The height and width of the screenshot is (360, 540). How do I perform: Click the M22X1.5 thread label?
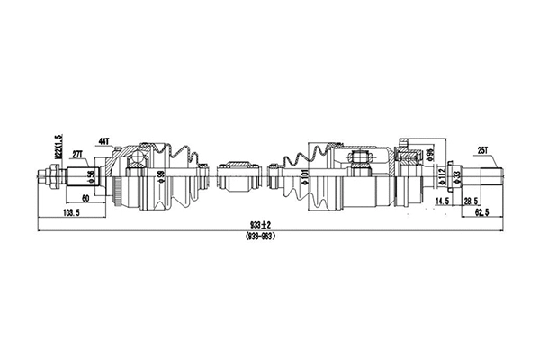pyautogui.click(x=58, y=147)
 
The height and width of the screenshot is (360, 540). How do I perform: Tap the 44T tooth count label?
pyautogui.click(x=103, y=142)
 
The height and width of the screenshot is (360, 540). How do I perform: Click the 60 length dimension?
pyautogui.click(x=84, y=198)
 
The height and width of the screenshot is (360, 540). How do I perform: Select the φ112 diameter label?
pyautogui.click(x=441, y=173)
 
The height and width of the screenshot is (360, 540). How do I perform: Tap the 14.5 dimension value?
pyautogui.click(x=441, y=201)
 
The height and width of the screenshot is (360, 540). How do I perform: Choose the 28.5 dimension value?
pyautogui.click(x=469, y=201)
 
